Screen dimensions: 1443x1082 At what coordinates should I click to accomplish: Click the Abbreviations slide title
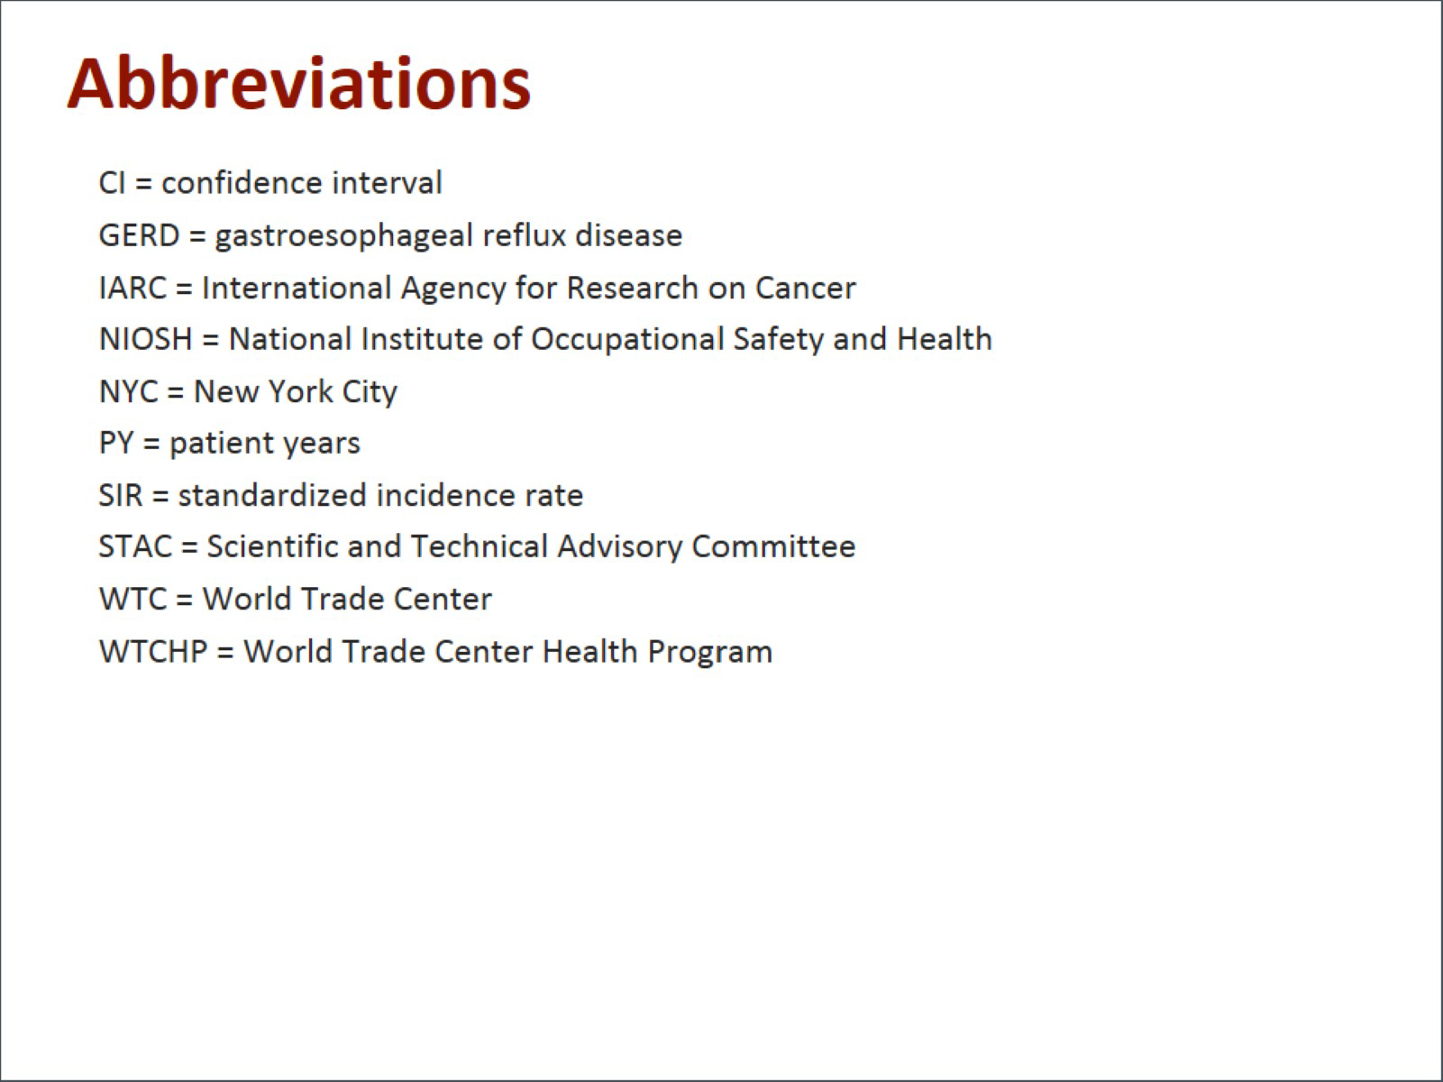pyautogui.click(x=298, y=84)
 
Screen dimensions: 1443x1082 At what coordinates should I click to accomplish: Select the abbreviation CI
pyautogui.click(x=112, y=183)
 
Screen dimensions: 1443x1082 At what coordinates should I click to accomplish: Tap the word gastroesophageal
pyautogui.click(x=343, y=236)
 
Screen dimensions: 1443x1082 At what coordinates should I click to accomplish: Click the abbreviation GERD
pyautogui.click(x=139, y=235)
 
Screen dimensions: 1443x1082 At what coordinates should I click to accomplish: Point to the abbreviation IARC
pyautogui.click(x=132, y=288)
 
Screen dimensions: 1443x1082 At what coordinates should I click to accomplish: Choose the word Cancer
pyautogui.click(x=805, y=288)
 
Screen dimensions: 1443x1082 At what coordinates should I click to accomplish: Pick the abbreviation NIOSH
pyautogui.click(x=145, y=339)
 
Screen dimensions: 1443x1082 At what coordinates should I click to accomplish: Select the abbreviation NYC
pyautogui.click(x=129, y=392)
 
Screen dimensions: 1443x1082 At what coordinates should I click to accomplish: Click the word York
pyautogui.click(x=300, y=392)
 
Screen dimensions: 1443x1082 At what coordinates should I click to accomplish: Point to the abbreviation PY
pyautogui.click(x=116, y=443)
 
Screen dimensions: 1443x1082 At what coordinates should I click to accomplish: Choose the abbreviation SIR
pyautogui.click(x=120, y=495)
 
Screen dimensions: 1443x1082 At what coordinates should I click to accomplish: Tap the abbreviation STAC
pyautogui.click(x=135, y=546)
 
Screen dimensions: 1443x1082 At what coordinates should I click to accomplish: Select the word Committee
pyautogui.click(x=773, y=546)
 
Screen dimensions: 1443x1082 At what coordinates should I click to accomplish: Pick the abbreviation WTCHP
pyautogui.click(x=153, y=651)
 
